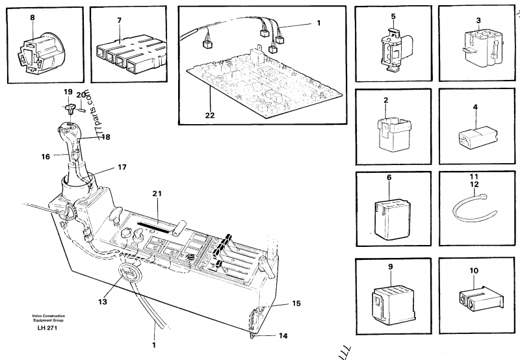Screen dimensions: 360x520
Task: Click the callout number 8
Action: coord(33,19)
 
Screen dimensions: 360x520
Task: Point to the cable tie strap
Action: coord(473,211)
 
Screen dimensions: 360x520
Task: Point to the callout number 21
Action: coord(156,194)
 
